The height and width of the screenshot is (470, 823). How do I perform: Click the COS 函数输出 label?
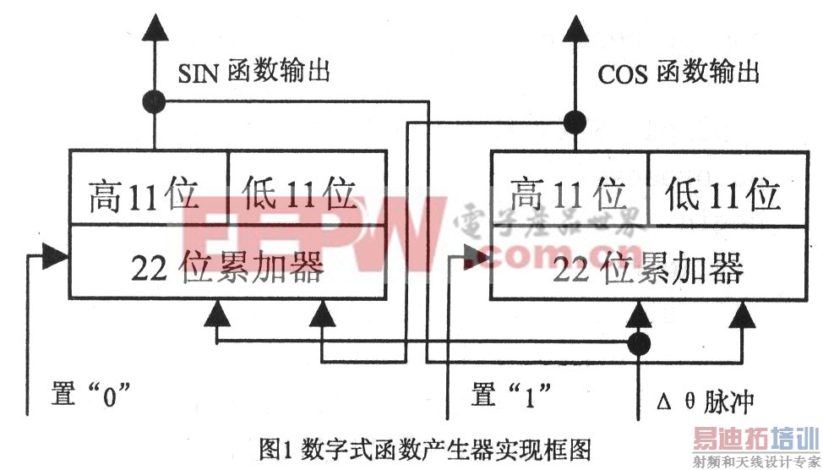678,73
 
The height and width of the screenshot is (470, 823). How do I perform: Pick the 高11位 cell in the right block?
568,196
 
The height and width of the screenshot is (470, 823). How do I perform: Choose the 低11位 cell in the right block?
722,196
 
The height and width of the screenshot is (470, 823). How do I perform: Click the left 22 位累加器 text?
226,268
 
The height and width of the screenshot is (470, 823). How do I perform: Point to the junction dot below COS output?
575,120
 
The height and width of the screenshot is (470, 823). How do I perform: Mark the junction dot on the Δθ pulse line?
640,343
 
